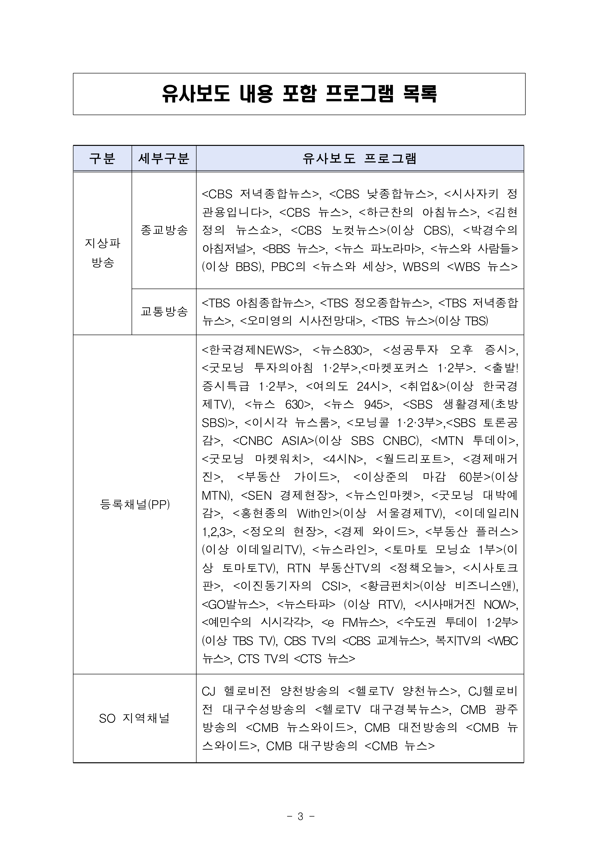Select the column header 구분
[x=102, y=158]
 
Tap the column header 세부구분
[x=164, y=158]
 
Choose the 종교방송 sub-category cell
[x=164, y=230]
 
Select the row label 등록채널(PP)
[x=134, y=504]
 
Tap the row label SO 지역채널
[x=134, y=719]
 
